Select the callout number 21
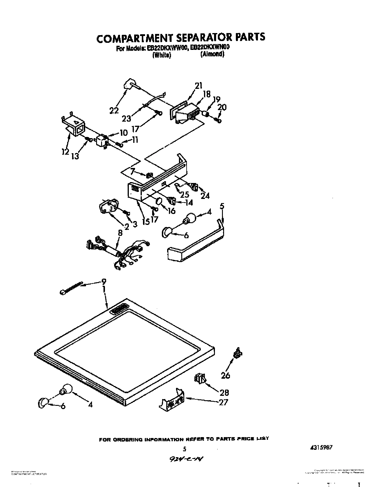(x=198, y=86)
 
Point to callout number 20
(x=222, y=107)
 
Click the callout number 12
(x=65, y=152)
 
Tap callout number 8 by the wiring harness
(x=120, y=233)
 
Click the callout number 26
(x=226, y=375)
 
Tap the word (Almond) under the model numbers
(x=212, y=54)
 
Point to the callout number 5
(x=222, y=206)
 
